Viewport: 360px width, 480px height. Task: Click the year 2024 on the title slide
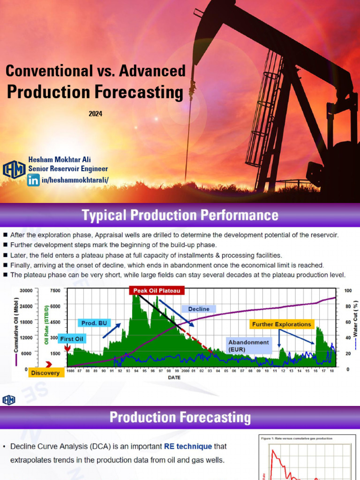[x=95, y=113]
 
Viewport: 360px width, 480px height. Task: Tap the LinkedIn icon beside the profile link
[x=33, y=180]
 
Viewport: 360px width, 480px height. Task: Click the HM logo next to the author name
[x=14, y=169]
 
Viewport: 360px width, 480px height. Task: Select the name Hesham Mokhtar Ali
[x=60, y=160]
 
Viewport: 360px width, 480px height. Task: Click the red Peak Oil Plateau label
[x=157, y=291]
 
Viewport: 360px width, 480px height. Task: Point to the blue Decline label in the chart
[x=198, y=309]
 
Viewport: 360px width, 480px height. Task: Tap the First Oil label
[x=72, y=338]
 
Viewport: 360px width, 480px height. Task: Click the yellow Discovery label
[x=46, y=373]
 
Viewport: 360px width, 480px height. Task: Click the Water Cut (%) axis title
[x=356, y=328]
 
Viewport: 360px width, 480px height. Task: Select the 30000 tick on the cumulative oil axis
[x=26, y=291]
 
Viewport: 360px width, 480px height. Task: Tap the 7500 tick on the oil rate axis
[x=55, y=291]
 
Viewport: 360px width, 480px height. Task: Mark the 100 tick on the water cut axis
[x=347, y=291]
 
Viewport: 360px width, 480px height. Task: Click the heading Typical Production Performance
[x=180, y=216]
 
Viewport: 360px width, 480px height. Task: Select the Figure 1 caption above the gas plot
[x=296, y=438]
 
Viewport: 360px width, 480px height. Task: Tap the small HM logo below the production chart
[x=9, y=400]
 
